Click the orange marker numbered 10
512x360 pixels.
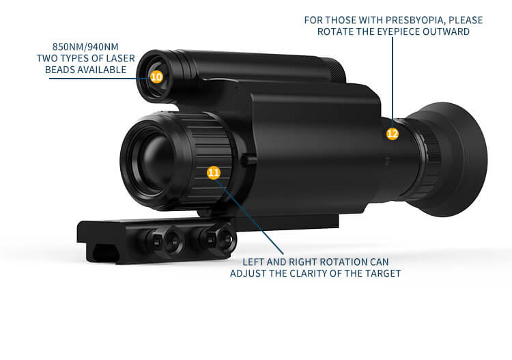click(x=156, y=77)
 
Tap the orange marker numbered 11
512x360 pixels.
click(x=214, y=172)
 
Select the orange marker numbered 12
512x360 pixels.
click(x=393, y=134)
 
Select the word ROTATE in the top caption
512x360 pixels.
click(x=333, y=33)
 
